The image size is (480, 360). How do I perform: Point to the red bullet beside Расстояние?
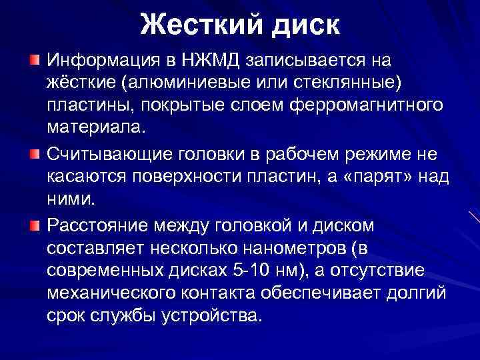(x=34, y=225)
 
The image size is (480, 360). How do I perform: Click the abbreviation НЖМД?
(x=213, y=61)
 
